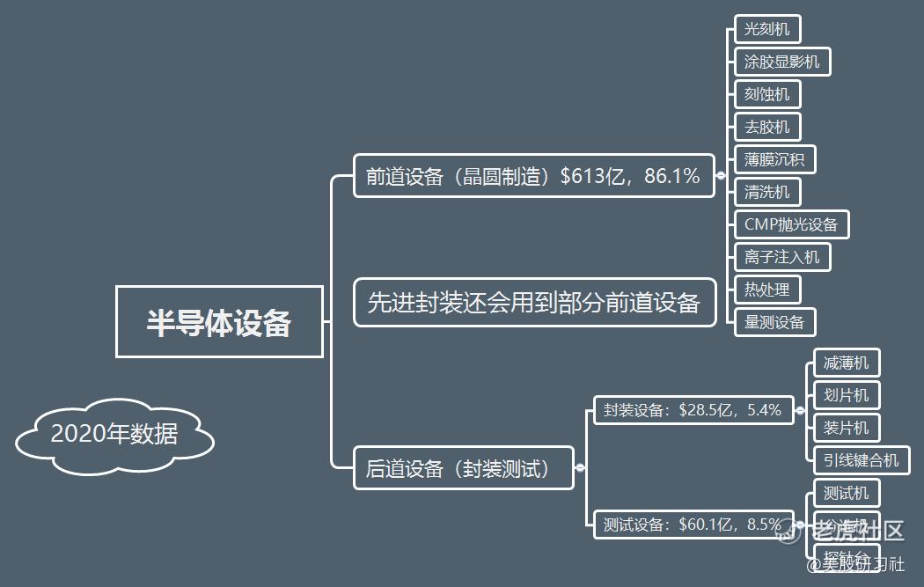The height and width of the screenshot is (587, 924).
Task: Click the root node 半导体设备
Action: tap(219, 322)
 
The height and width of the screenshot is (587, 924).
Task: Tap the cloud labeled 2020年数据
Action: tap(114, 434)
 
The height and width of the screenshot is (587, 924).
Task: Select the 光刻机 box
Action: tap(767, 29)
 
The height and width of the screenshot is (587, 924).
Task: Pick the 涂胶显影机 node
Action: tap(781, 62)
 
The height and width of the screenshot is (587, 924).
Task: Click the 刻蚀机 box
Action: tap(767, 94)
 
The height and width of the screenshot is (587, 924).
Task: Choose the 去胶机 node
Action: tap(767, 127)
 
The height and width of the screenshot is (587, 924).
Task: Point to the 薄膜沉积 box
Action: tap(774, 159)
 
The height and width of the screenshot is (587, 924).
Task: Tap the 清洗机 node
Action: tap(767, 192)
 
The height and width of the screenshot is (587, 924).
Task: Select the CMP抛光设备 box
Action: tap(791, 224)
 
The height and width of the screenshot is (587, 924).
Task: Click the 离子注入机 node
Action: tap(781, 257)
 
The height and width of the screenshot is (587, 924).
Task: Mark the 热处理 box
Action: tap(767, 290)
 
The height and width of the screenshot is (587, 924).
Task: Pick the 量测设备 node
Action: tap(774, 322)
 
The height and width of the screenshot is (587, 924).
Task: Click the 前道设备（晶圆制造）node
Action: tap(533, 176)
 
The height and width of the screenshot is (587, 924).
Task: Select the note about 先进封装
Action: tap(534, 303)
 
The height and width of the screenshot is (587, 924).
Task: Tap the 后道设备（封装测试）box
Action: tap(463, 468)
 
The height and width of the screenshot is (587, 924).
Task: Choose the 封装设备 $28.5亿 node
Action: tap(693, 410)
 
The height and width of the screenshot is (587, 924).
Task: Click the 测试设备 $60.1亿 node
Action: tap(693, 525)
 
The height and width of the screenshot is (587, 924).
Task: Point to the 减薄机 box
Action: tap(846, 363)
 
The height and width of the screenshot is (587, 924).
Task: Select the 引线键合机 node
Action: tap(861, 459)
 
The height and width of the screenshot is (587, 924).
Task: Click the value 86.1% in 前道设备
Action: tap(672, 176)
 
